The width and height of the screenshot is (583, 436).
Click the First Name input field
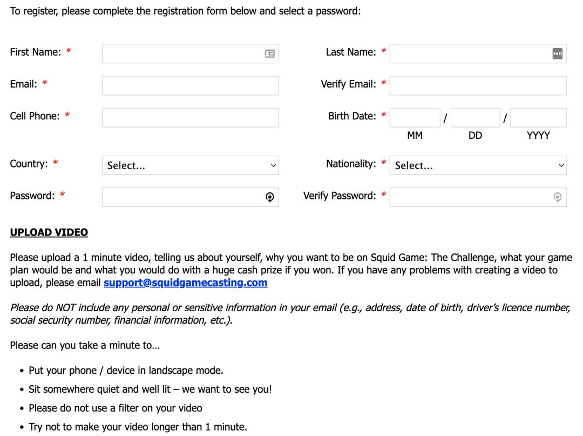pyautogui.click(x=181, y=53)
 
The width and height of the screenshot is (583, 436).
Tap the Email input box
pyautogui.click(x=190, y=85)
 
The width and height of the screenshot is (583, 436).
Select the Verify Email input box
pyautogui.click(x=478, y=85)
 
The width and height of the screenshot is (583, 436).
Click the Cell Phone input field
pyautogui.click(x=190, y=117)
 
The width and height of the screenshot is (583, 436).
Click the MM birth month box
pyautogui.click(x=415, y=117)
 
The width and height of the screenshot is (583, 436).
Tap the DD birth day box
pyautogui.click(x=475, y=117)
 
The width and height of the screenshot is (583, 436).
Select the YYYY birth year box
pyautogui.click(x=538, y=117)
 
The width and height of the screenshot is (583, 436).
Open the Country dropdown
pyautogui.click(x=190, y=165)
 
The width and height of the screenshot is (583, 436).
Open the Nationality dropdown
pyautogui.click(x=478, y=165)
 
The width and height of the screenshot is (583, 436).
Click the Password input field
pyautogui.click(x=181, y=197)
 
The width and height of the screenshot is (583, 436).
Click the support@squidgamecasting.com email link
pyautogui.click(x=185, y=283)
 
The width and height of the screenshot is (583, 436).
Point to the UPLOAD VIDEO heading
pyautogui.click(x=49, y=232)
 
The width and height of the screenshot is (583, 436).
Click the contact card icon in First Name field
pyautogui.click(x=270, y=53)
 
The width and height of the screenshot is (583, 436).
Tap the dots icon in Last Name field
pyautogui.click(x=558, y=53)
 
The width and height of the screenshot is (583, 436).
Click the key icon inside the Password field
pyautogui.click(x=270, y=198)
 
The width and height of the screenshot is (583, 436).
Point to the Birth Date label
pyautogui.click(x=352, y=116)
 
